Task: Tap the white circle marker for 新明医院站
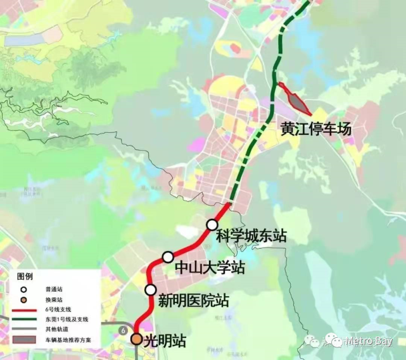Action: click(151, 290)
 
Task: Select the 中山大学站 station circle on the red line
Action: click(168, 256)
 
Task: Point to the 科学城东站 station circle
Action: click(212, 225)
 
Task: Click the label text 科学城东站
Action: click(251, 237)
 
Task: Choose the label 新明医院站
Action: click(193, 300)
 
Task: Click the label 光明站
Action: click(165, 341)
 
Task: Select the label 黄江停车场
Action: click(316, 130)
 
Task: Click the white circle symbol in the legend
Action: click(24, 289)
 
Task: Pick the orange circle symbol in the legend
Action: click(24, 299)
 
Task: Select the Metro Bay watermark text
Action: click(368, 342)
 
